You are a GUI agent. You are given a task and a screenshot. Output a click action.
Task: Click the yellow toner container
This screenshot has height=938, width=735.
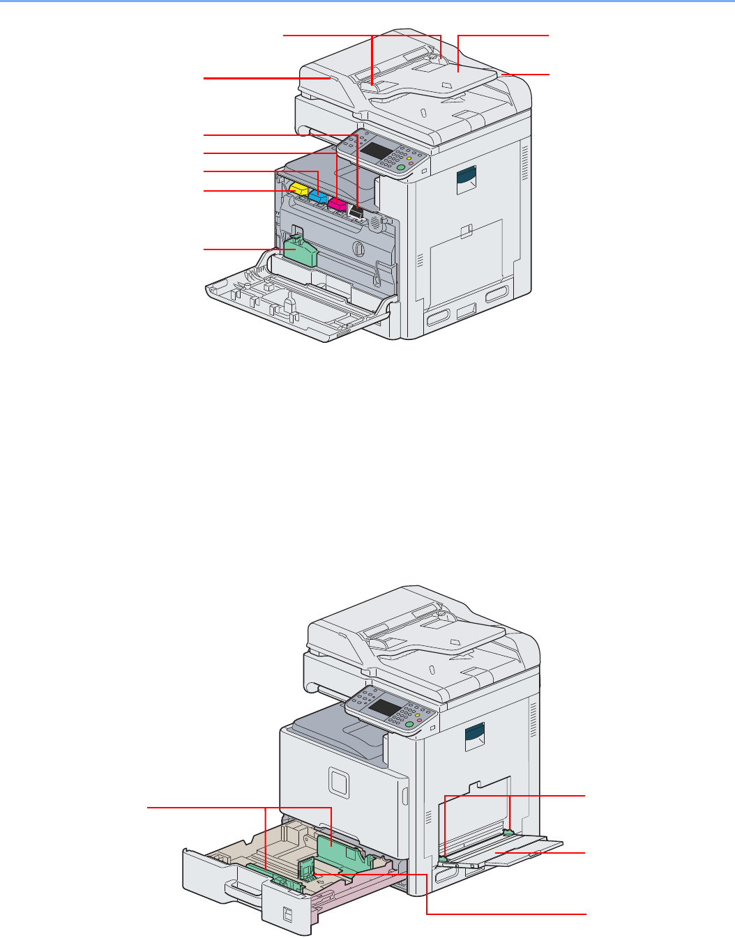298,189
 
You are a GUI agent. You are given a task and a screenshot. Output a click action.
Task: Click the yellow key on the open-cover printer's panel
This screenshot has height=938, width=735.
409,160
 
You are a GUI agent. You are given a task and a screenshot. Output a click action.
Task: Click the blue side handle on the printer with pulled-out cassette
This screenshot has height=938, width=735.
475,737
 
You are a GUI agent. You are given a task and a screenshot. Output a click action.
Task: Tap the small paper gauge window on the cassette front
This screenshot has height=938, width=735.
289,913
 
